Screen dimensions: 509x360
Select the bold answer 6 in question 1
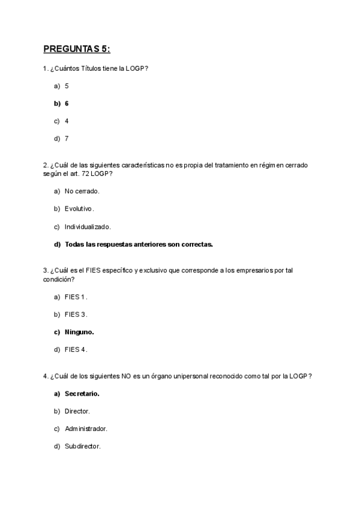click(x=67, y=103)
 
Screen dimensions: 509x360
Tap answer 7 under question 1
click(x=67, y=138)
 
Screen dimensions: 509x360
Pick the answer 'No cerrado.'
click(x=82, y=191)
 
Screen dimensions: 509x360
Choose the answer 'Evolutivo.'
click(x=80, y=209)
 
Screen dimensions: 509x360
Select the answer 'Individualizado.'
click(x=88, y=227)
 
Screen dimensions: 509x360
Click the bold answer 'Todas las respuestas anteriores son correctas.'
click(x=139, y=244)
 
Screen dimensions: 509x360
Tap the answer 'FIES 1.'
click(x=76, y=297)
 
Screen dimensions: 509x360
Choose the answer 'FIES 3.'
click(x=76, y=314)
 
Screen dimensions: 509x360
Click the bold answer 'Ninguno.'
click(x=79, y=331)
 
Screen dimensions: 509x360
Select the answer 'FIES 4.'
click(x=76, y=349)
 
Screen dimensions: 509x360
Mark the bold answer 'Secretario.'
click(x=82, y=394)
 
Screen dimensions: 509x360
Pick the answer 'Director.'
click(x=77, y=411)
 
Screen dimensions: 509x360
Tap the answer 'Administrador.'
click(x=86, y=429)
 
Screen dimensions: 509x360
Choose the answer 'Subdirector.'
click(x=83, y=447)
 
